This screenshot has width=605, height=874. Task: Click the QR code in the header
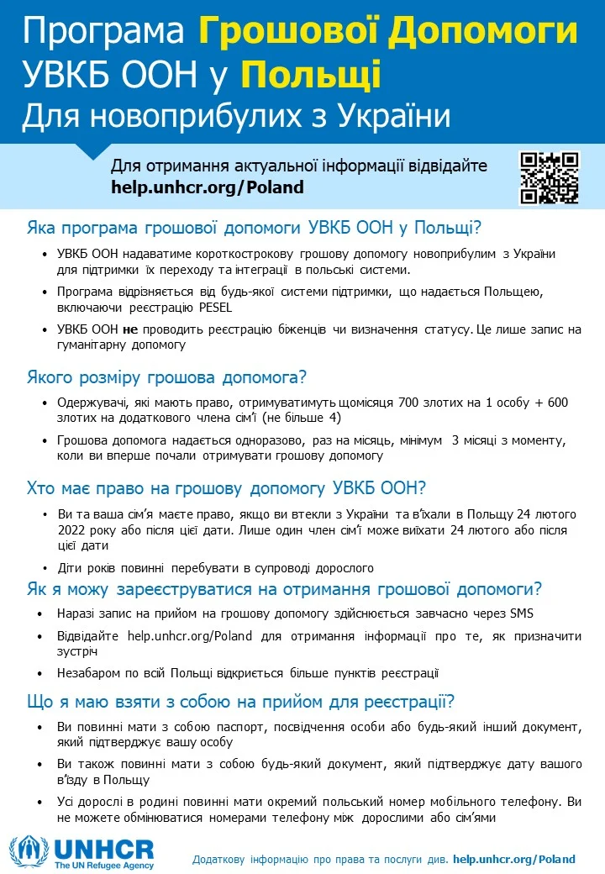pyautogui.click(x=550, y=177)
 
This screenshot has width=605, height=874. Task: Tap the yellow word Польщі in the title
pyautogui.click(x=311, y=74)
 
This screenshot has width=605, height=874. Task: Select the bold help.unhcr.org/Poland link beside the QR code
pyautogui.click(x=207, y=187)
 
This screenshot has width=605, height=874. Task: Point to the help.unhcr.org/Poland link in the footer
pyautogui.click(x=513, y=859)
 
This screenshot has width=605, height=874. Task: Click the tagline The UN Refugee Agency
pyautogui.click(x=103, y=865)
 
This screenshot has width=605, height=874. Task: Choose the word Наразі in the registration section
pyautogui.click(x=76, y=613)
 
